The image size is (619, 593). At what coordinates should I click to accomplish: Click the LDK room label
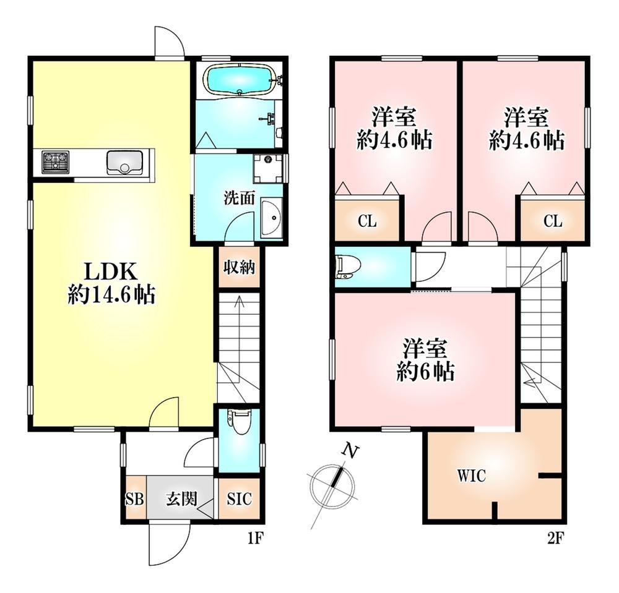point(111,271)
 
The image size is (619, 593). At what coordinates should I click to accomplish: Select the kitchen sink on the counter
point(124,163)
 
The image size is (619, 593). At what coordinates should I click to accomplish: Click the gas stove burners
point(56,162)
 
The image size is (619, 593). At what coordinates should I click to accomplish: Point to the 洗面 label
point(239,198)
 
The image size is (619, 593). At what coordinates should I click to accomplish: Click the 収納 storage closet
point(239,267)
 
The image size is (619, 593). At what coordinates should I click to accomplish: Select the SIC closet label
point(239,499)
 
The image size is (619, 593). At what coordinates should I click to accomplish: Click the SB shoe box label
point(134,499)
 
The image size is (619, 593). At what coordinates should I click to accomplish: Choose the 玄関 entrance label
point(181,499)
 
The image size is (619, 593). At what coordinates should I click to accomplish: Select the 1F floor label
point(255,538)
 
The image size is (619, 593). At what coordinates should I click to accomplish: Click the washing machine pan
point(269,169)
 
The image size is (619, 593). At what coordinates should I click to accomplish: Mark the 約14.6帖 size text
point(111,294)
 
